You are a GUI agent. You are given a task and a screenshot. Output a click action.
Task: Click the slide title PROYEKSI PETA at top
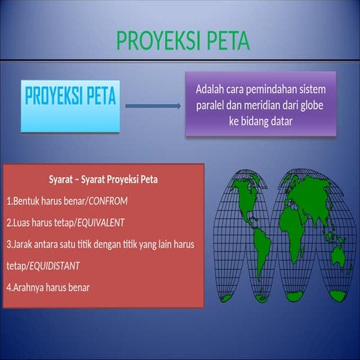coord(182,41)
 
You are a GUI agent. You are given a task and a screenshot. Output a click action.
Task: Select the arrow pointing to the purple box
coord(153,106)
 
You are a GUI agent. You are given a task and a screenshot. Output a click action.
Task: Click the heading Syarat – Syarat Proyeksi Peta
coord(103,180)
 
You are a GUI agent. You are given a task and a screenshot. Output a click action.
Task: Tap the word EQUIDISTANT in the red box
coord(54,265)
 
